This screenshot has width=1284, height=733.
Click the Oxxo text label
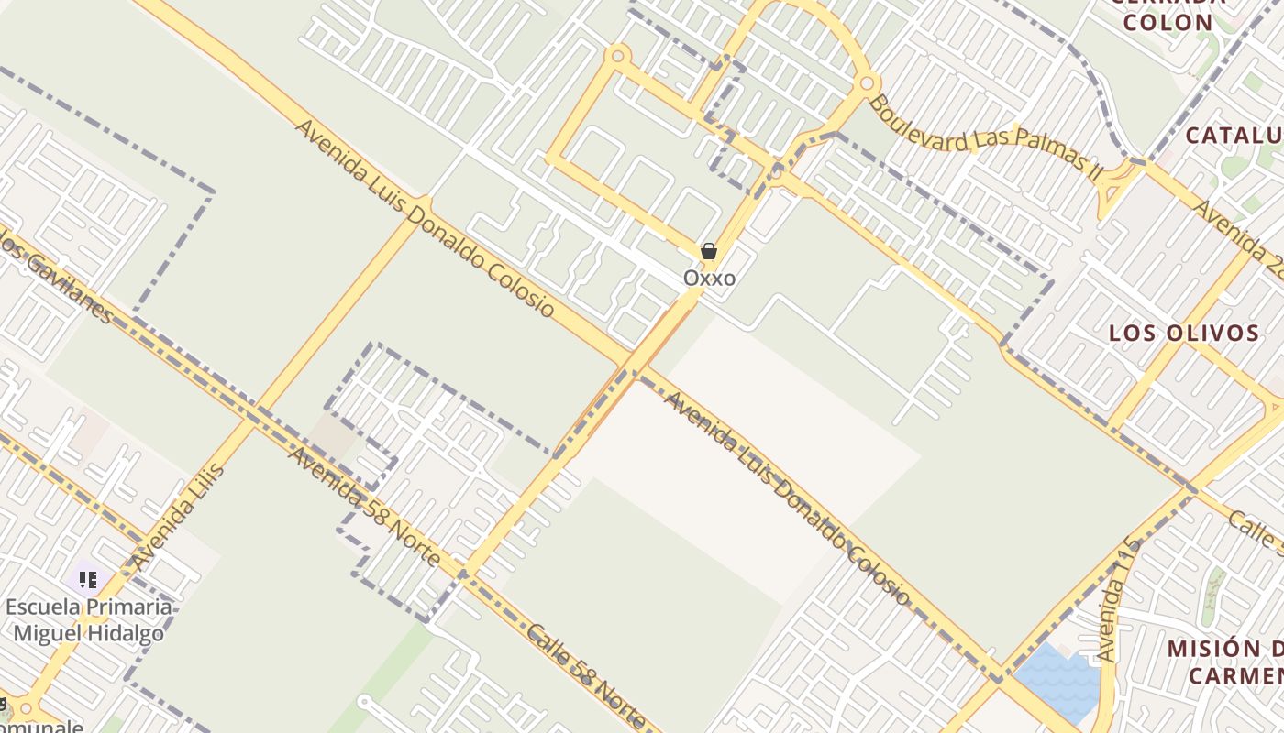tap(709, 278)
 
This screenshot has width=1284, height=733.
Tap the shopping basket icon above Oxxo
tap(708, 251)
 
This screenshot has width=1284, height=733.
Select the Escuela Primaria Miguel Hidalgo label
tap(89, 619)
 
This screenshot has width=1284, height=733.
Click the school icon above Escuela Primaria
tap(88, 579)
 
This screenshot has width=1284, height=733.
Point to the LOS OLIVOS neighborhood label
tap(1184, 333)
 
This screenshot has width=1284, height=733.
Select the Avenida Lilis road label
tap(178, 516)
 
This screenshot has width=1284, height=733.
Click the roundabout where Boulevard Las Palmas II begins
tap(866, 84)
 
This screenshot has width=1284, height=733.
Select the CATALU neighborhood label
tap(1234, 136)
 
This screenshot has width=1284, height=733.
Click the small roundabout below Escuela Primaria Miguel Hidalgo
tap(26, 708)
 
